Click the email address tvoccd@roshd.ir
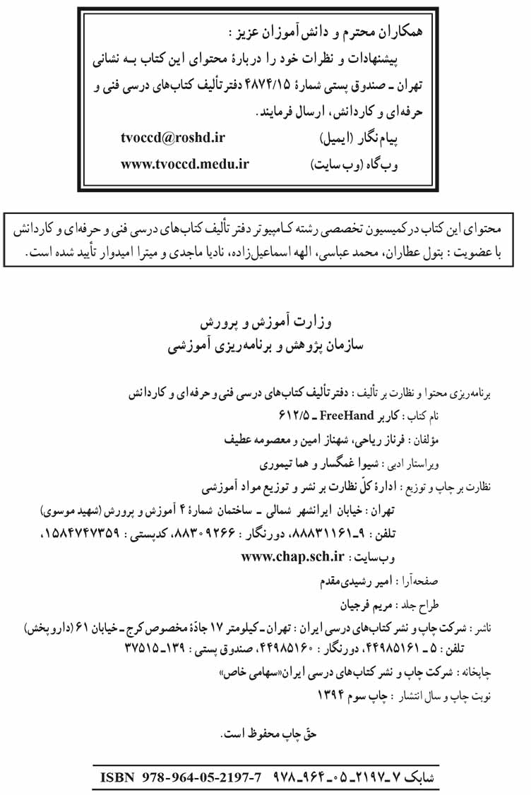(172, 139)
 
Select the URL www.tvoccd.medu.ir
(184, 165)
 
